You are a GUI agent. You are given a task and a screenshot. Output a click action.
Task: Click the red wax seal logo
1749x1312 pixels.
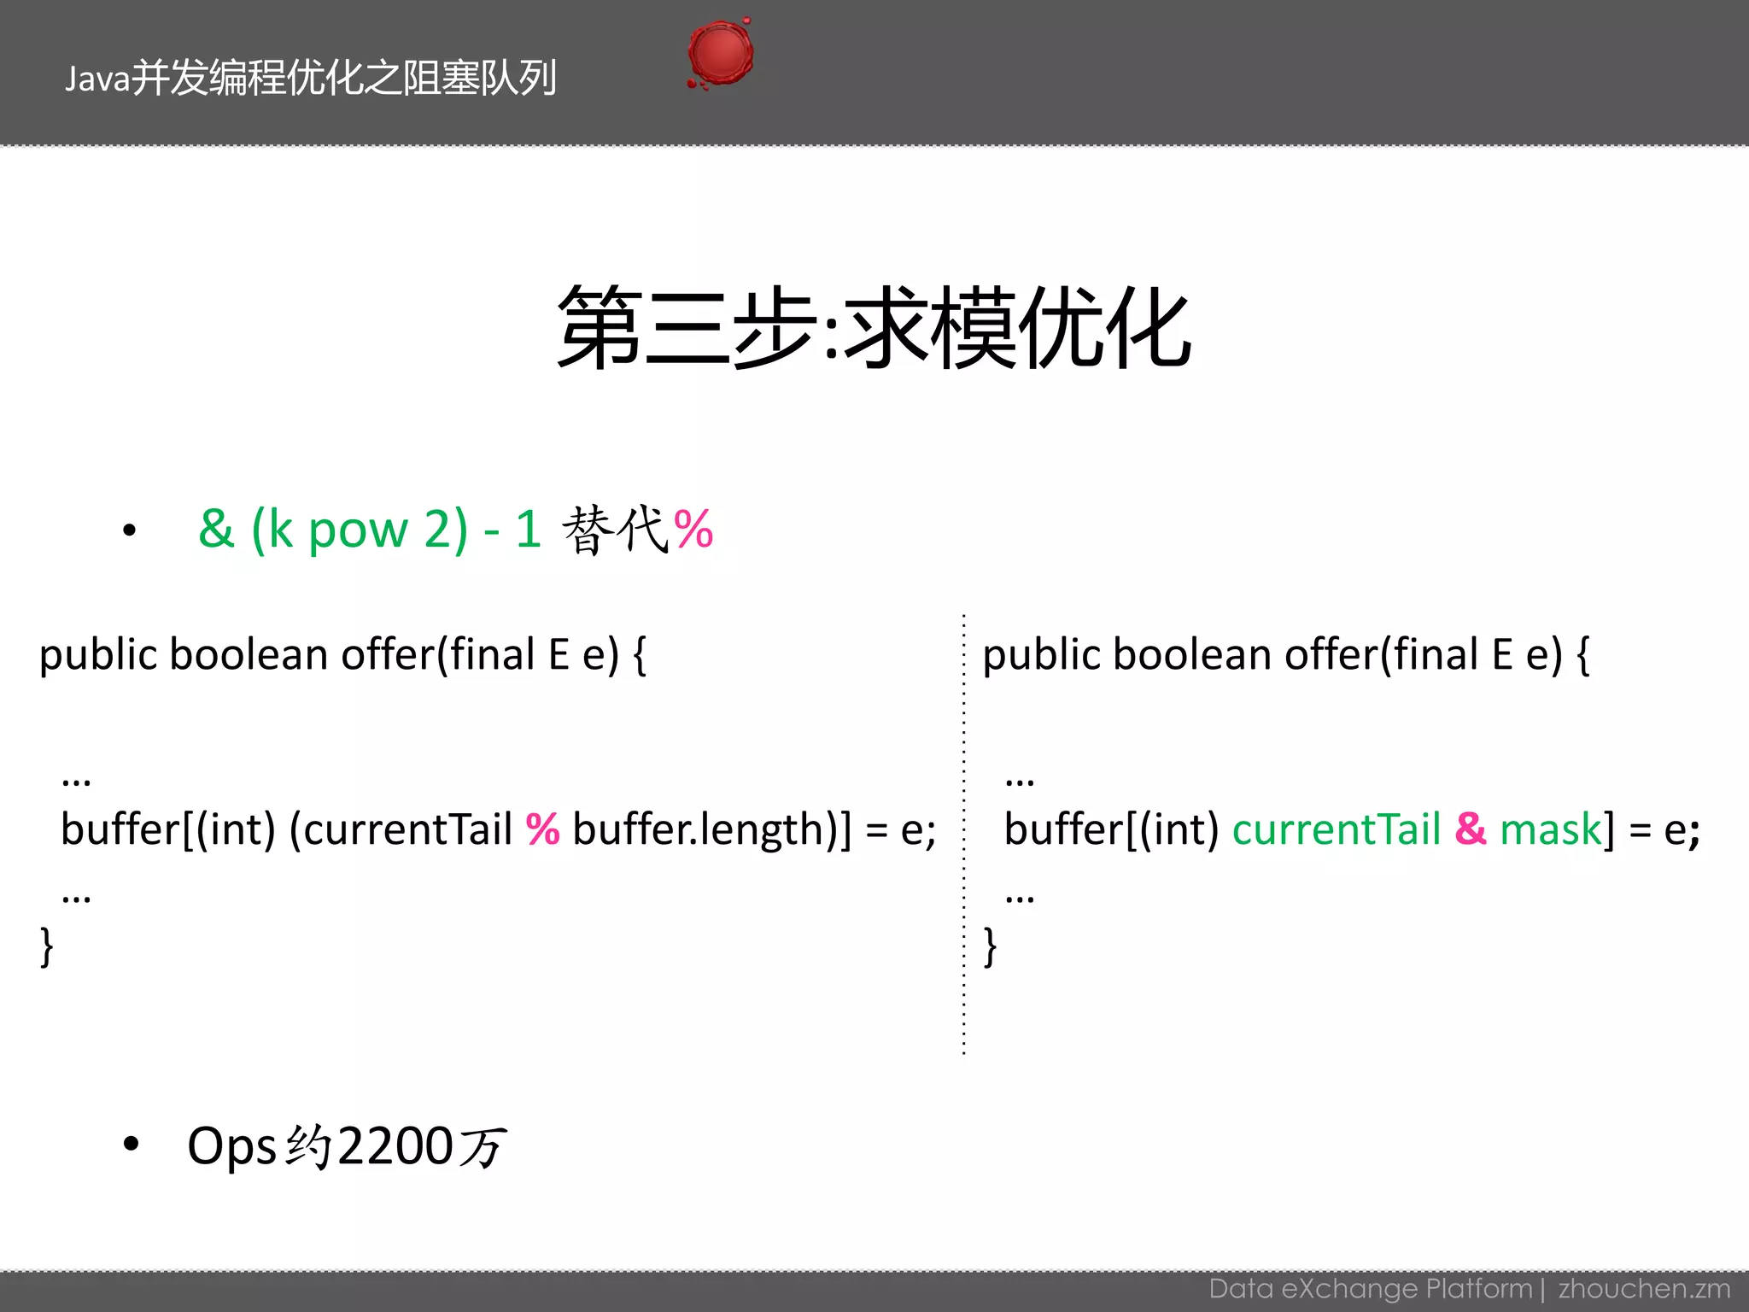click(x=721, y=53)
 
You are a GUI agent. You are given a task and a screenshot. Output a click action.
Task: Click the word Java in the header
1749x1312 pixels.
click(x=97, y=79)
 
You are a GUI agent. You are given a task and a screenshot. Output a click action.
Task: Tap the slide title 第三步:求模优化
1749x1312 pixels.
click(x=874, y=328)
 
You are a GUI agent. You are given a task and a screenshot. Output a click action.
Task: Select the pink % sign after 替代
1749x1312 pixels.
click(x=693, y=530)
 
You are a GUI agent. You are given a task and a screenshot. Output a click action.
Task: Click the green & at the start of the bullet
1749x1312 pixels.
click(x=216, y=529)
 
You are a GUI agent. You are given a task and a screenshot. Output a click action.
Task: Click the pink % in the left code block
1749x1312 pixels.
click(x=542, y=829)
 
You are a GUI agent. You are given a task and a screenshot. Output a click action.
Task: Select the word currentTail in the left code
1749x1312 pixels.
click(x=407, y=829)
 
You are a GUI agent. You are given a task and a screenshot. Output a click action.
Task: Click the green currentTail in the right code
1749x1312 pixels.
click(x=1337, y=829)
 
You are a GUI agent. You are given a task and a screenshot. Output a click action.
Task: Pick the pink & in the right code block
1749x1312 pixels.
click(x=1471, y=829)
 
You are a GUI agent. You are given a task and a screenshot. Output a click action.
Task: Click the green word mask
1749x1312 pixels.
click(x=1551, y=829)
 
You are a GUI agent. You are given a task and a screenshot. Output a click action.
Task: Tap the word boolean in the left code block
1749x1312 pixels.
click(x=249, y=655)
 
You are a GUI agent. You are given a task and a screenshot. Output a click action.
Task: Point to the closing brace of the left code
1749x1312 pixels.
click(x=46, y=946)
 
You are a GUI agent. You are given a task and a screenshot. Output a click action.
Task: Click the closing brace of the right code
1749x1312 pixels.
click(x=990, y=946)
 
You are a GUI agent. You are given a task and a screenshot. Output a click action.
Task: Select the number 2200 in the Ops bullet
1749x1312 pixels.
click(x=395, y=1146)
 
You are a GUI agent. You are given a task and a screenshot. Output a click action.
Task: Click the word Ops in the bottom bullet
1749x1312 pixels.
click(x=231, y=1146)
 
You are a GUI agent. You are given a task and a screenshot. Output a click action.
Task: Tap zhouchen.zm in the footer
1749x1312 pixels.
click(x=1644, y=1289)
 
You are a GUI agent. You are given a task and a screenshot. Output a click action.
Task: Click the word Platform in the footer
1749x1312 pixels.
click(x=1479, y=1289)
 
